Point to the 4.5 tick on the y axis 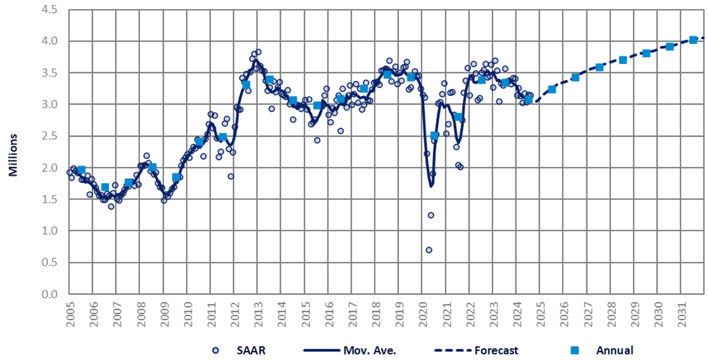point(48,10)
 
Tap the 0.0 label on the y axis point(48,294)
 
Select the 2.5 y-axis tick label point(48,136)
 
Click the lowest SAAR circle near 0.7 point(429,250)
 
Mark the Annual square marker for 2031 point(693,40)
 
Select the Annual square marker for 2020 point(435,135)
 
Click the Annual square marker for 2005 point(81,170)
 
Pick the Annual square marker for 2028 point(623,60)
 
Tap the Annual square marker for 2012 point(246,84)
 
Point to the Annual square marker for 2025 point(552,89)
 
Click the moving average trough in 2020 point(431,186)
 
